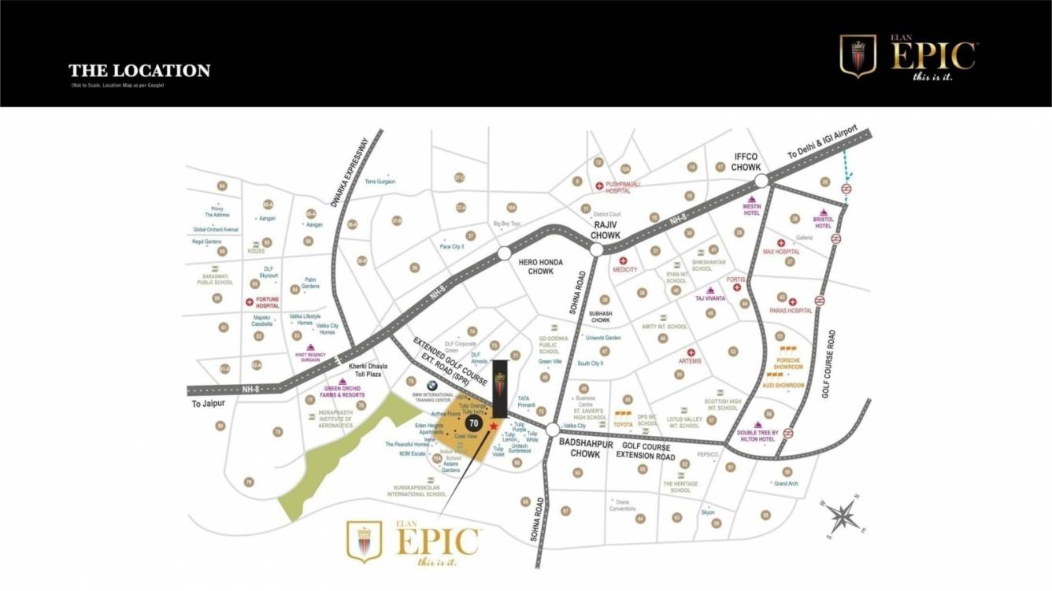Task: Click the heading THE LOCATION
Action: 139,71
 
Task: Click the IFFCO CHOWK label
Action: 745,162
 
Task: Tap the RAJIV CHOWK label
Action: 608,230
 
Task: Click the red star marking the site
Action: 494,426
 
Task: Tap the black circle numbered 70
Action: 473,423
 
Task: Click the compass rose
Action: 841,516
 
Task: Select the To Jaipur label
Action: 208,403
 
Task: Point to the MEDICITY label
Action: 624,269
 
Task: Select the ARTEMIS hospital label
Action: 690,361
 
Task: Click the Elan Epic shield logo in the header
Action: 858,57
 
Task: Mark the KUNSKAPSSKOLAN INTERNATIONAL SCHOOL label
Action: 415,491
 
